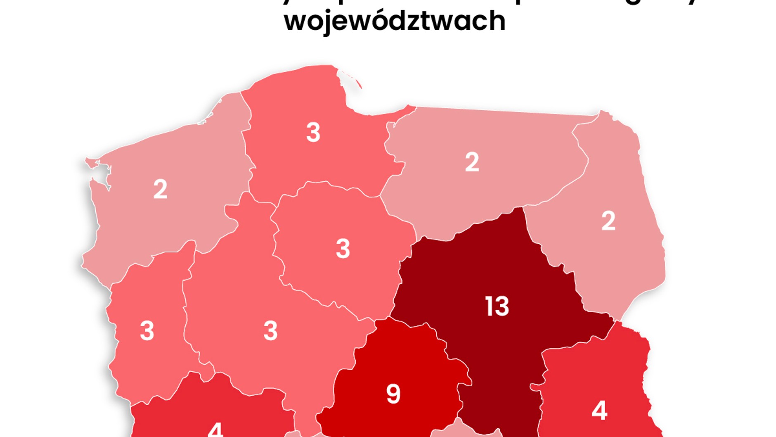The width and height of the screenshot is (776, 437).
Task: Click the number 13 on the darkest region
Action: (497, 306)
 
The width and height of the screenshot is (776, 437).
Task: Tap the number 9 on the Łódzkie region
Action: (393, 394)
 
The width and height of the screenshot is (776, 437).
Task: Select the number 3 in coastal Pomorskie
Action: (313, 133)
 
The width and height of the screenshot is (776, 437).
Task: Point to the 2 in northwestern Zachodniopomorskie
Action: (160, 189)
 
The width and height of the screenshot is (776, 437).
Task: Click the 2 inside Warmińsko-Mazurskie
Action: (472, 162)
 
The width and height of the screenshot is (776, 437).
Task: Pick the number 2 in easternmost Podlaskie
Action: (608, 221)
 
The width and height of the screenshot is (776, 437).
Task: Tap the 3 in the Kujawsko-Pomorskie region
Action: (343, 249)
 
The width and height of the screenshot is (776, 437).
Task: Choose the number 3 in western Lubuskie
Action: (147, 331)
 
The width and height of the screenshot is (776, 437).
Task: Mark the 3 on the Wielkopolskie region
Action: (270, 331)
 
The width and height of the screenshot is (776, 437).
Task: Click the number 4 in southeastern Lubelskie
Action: (599, 411)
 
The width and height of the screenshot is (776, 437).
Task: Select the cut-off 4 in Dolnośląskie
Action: (215, 430)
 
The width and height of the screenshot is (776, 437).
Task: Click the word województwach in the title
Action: (395, 21)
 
